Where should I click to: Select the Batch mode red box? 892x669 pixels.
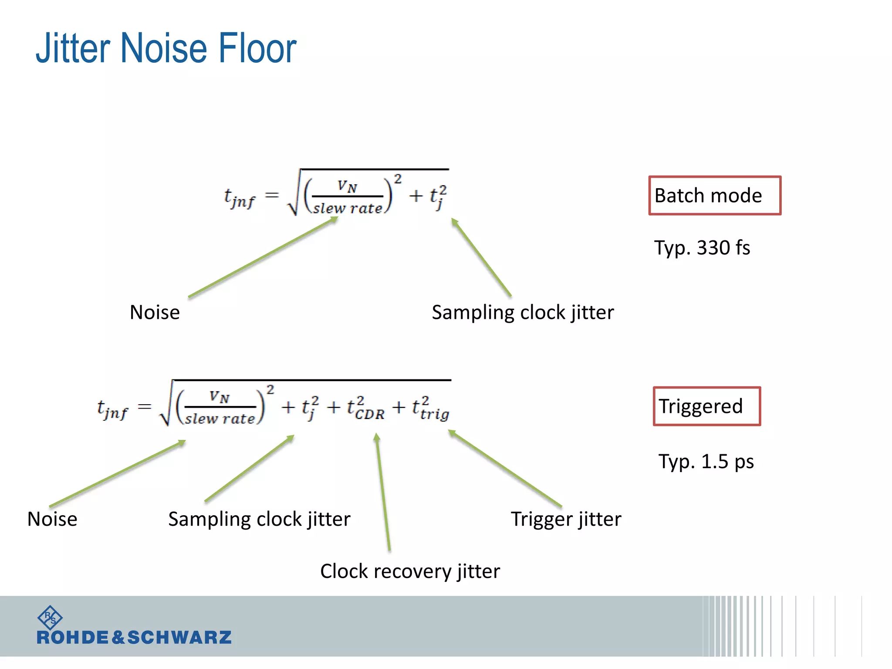tap(714, 196)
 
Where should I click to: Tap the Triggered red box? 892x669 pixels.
tap(706, 406)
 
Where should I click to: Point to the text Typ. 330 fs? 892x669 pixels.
tap(702, 248)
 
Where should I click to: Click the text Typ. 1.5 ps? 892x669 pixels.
tap(706, 462)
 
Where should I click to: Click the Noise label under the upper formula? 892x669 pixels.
tap(155, 312)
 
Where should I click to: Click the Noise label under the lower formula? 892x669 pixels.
tap(52, 519)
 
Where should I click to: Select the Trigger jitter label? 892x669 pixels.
tap(566, 519)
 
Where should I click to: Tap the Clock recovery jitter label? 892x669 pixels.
tap(410, 571)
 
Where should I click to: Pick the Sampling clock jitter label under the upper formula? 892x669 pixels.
tap(523, 312)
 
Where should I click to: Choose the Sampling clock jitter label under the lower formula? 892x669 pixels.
tap(259, 519)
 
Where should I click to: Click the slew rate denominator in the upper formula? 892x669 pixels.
tap(348, 208)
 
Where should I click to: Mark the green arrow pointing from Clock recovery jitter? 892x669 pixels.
tap(383, 492)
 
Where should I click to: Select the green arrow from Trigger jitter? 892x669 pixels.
tap(505, 468)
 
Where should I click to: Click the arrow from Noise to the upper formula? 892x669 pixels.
tap(261, 258)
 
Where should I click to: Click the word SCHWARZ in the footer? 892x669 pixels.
tap(179, 638)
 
